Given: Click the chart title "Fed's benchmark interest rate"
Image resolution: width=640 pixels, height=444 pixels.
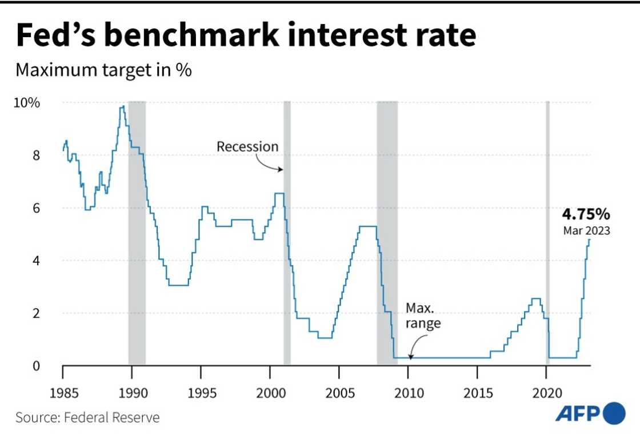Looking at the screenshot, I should pos(246,35).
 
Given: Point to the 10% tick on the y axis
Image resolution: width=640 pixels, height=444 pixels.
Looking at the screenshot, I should pos(27,103).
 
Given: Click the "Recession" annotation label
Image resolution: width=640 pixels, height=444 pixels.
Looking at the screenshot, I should pos(247,146).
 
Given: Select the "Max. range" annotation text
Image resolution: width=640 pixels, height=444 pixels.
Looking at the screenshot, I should pos(423,316).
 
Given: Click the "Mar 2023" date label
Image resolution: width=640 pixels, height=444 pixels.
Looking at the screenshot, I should pos(586,231).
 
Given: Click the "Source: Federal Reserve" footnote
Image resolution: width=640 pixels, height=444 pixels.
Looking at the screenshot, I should pos(87,418).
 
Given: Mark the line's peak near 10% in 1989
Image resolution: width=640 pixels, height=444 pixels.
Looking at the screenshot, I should pos(122,106).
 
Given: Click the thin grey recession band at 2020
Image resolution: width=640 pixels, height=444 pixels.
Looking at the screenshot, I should pos(547,229).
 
